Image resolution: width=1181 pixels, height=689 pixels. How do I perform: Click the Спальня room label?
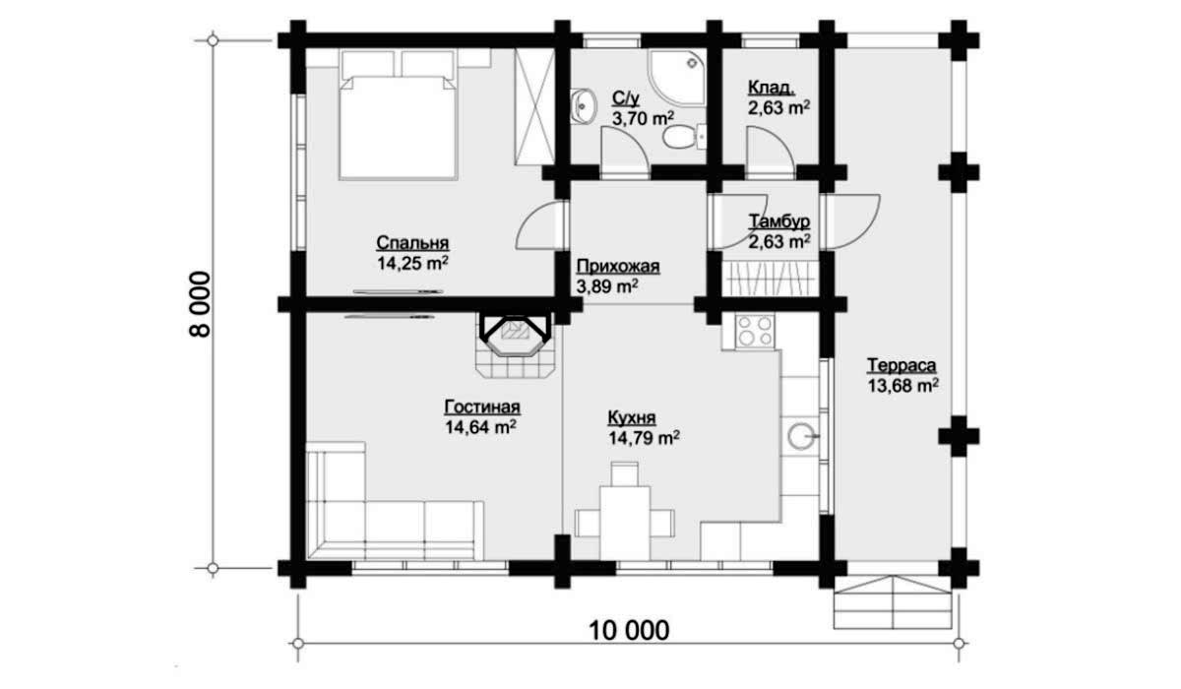point(412,242)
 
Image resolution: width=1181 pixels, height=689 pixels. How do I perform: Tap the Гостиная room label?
point(482,407)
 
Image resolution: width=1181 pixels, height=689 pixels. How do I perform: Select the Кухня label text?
point(632,417)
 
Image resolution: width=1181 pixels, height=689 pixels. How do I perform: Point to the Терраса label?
point(901,365)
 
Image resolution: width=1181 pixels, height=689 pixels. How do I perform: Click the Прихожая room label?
point(617,266)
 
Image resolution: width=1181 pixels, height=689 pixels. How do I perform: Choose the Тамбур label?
point(779,221)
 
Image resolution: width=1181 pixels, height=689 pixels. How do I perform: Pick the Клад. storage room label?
point(772,87)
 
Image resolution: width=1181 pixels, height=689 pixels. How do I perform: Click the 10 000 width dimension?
point(629,630)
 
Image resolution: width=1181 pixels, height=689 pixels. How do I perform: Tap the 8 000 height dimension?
point(200,304)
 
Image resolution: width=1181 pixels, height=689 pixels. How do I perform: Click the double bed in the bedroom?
point(398,115)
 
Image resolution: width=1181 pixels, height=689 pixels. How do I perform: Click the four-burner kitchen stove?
point(755,331)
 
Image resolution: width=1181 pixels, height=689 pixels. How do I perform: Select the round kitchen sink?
point(801,436)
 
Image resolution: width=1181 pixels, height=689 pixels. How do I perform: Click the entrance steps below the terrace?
point(893,602)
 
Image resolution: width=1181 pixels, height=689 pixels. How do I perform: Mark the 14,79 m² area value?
point(644,438)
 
